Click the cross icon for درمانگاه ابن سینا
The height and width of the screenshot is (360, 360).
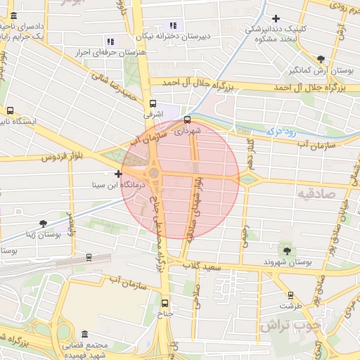[118, 174]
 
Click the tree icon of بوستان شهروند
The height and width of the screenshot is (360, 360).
[285, 250]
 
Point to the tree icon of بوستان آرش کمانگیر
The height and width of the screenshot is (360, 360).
[321, 59]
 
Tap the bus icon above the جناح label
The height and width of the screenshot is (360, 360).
[165, 304]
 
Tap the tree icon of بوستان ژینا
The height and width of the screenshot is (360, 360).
[44, 224]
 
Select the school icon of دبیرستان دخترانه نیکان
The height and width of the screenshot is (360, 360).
[174, 26]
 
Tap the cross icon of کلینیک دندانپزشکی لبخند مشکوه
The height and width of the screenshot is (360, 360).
[276, 18]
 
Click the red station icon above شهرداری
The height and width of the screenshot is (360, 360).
[187, 119]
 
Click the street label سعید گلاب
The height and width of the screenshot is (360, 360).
[204, 266]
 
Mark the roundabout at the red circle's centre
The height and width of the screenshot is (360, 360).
[153, 173]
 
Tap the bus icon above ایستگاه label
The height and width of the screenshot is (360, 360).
[10, 110]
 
